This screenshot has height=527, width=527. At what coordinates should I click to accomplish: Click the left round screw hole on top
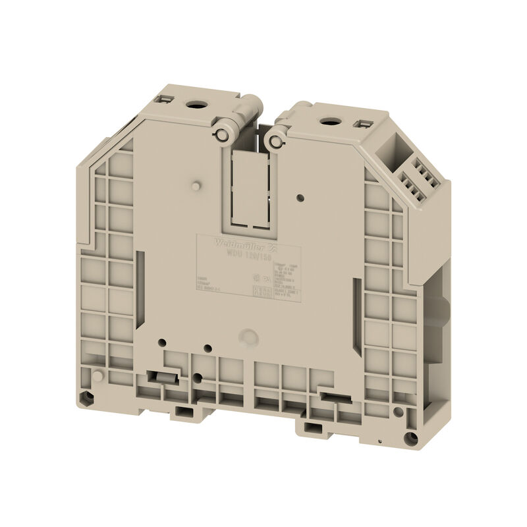(196, 103)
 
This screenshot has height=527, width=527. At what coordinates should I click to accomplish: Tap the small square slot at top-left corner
(164, 98)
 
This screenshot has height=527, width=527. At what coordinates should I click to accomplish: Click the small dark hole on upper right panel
(300, 196)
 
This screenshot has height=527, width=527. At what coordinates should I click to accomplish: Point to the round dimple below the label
(248, 335)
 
